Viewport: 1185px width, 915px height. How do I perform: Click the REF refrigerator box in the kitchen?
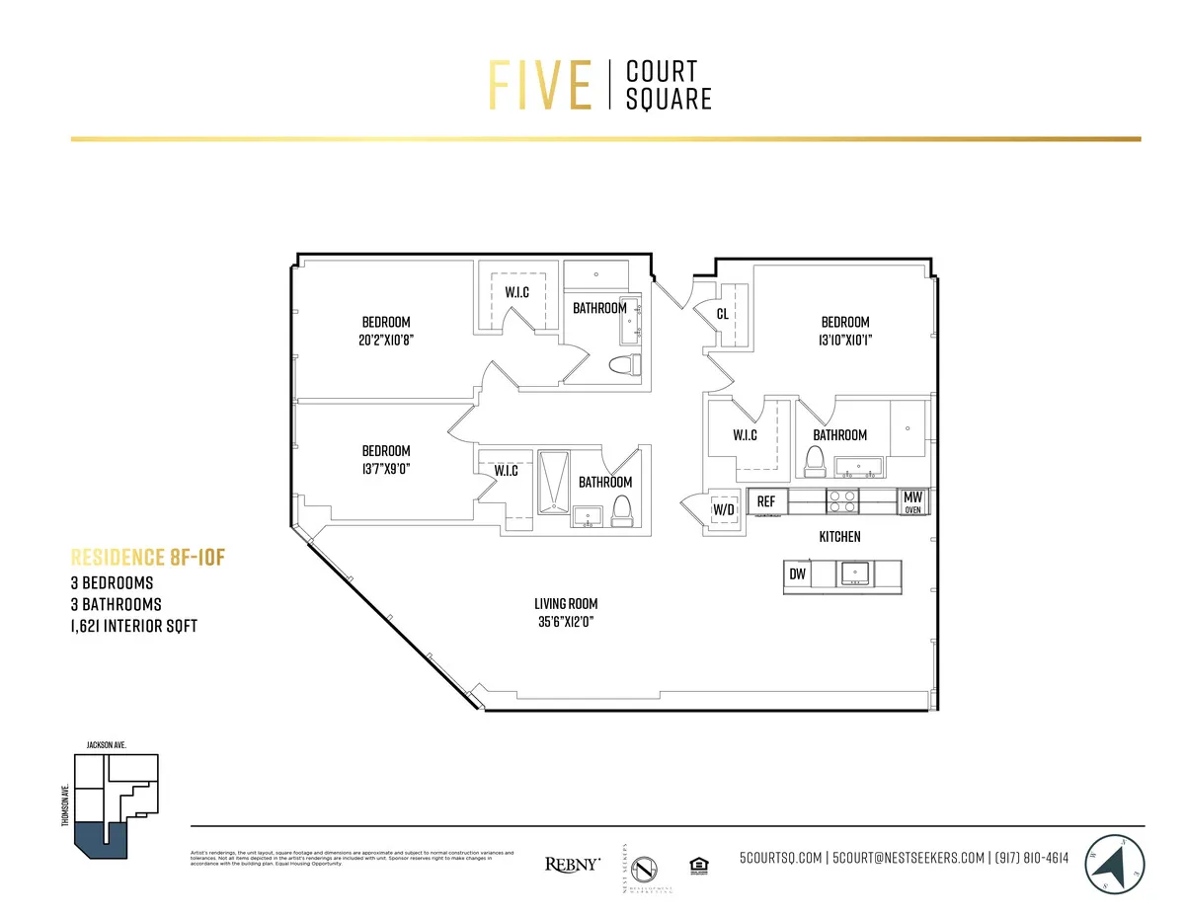(x=766, y=502)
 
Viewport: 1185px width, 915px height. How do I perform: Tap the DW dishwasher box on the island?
(x=796, y=574)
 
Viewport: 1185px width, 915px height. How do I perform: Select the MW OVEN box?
(x=912, y=502)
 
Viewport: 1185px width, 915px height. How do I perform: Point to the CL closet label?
(x=723, y=314)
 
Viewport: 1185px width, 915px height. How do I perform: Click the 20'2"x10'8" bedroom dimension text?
(x=385, y=340)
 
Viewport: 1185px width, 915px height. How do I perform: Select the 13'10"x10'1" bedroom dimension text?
(x=845, y=340)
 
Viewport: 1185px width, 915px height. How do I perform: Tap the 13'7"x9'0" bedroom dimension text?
(x=385, y=469)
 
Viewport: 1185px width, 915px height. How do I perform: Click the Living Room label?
(x=566, y=604)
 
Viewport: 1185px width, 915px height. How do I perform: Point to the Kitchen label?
(x=839, y=537)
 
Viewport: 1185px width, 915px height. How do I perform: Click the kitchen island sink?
(x=853, y=573)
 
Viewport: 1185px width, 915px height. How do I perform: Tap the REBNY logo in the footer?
(x=572, y=864)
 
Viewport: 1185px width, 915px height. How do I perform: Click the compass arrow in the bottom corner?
(x=1115, y=865)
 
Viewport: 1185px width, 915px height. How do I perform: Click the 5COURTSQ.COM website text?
(x=782, y=858)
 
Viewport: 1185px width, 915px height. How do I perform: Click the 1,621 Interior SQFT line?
(x=133, y=626)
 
